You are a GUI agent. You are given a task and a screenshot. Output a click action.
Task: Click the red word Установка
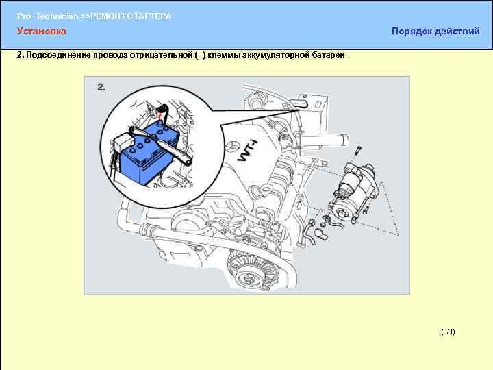pos(42,31)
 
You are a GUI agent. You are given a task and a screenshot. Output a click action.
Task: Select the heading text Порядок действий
pos(435,31)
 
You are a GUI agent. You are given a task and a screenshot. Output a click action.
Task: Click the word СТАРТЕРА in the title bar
pos(149,16)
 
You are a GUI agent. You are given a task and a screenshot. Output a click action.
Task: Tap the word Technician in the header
pos(57,16)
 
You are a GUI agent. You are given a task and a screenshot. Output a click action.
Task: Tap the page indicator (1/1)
pos(448,332)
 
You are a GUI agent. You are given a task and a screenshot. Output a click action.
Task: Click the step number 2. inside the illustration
pos(101,87)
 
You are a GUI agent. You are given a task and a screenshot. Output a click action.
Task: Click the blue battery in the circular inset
pos(150,154)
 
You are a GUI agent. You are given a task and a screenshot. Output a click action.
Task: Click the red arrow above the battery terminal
pos(160,118)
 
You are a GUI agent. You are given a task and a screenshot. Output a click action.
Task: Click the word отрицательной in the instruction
pos(162,56)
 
